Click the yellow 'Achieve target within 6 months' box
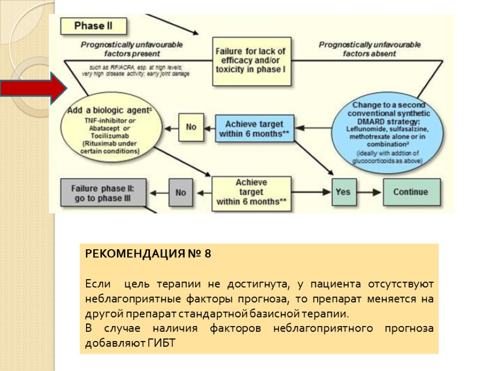251,193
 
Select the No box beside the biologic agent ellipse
191,127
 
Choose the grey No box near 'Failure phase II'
181,192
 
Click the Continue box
411,192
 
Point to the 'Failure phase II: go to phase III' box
102,193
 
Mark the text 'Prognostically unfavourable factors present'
131,49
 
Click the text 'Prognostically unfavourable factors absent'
370,49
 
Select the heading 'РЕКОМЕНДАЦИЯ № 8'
148,254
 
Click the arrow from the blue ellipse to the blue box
313,128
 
